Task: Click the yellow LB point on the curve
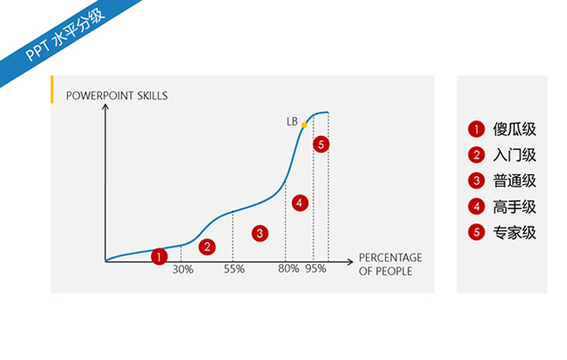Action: point(304,125)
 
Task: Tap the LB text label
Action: point(292,121)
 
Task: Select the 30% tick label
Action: point(183,270)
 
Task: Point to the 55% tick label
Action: point(234,269)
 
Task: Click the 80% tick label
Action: point(288,269)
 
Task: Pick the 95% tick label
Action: point(316,269)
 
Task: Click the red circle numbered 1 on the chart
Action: point(159,257)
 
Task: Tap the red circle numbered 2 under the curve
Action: point(207,247)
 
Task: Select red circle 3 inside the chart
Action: point(260,233)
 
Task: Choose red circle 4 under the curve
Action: point(300,203)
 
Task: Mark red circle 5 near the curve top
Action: point(321,145)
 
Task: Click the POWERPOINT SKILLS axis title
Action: point(117,96)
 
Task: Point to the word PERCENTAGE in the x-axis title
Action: point(390,257)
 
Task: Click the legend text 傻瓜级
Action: point(514,130)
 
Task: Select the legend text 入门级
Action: point(514,155)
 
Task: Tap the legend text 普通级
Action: point(514,181)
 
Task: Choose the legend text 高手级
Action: point(514,207)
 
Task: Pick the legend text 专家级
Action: point(514,232)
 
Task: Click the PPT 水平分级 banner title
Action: point(64,34)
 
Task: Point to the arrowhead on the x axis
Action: point(350,262)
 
